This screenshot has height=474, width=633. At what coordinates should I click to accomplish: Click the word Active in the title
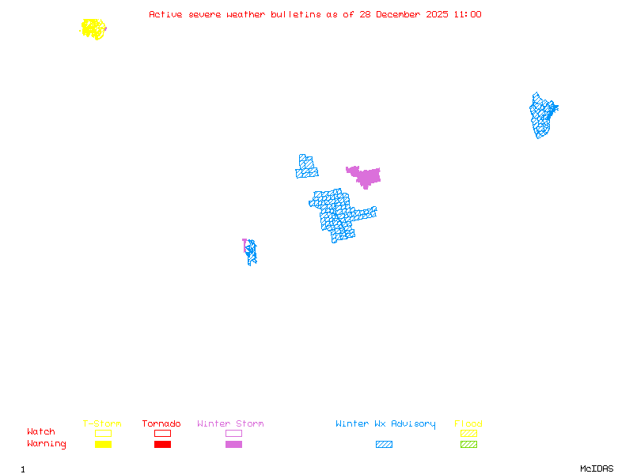[x=163, y=14]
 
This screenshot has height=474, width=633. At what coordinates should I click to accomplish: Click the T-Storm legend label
[x=102, y=424]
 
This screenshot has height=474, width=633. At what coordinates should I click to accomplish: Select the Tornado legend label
[x=161, y=424]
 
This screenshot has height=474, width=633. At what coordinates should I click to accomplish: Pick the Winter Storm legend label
[x=230, y=424]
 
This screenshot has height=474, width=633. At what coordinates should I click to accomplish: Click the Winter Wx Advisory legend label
[x=385, y=424]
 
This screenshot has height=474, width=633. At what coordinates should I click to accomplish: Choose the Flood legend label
[x=468, y=424]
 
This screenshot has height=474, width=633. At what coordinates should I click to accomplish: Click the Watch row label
[x=41, y=432]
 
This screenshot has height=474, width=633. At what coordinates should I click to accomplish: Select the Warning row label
[x=47, y=444]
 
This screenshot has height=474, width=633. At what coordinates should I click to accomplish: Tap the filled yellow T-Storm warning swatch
[x=103, y=445]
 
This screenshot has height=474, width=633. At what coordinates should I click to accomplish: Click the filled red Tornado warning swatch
[x=162, y=445]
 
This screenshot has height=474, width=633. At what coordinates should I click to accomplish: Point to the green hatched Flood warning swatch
[x=468, y=445]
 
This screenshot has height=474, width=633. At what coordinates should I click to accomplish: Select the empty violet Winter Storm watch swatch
[x=233, y=433]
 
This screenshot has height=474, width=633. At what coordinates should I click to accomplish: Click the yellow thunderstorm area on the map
[x=93, y=29]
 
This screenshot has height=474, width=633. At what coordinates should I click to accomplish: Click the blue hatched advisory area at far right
[x=542, y=115]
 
